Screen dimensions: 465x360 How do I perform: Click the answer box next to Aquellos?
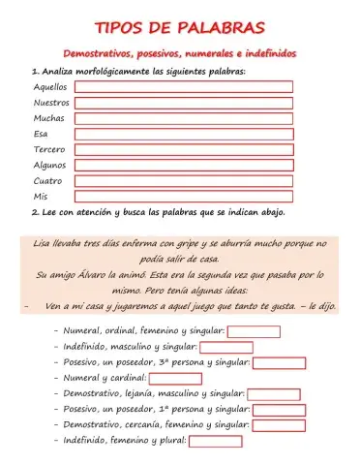184,86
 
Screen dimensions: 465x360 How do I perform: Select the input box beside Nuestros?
184,102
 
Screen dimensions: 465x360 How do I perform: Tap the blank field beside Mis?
184,196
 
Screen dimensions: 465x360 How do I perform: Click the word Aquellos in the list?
50,86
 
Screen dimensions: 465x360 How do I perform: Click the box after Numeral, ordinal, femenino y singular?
254,331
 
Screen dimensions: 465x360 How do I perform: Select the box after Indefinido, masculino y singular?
225,347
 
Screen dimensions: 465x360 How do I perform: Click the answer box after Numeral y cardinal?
175,378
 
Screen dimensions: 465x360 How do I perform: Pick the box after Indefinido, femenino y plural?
215,441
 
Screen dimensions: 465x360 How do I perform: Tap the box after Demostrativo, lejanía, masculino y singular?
274,394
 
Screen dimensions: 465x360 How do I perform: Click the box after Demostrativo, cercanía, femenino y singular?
279,425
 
